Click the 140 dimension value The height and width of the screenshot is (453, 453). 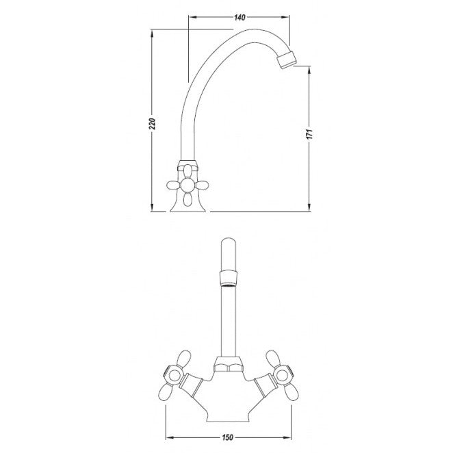(x=240, y=18)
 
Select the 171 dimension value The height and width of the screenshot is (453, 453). (x=309, y=134)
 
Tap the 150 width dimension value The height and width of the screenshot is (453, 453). (x=228, y=437)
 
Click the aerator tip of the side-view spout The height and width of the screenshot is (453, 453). (x=287, y=60)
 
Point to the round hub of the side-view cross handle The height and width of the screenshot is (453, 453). (x=187, y=185)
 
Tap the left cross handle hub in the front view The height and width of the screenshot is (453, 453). (x=174, y=376)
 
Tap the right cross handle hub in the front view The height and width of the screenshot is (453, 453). (x=282, y=375)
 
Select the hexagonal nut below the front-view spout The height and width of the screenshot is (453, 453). (x=229, y=364)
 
